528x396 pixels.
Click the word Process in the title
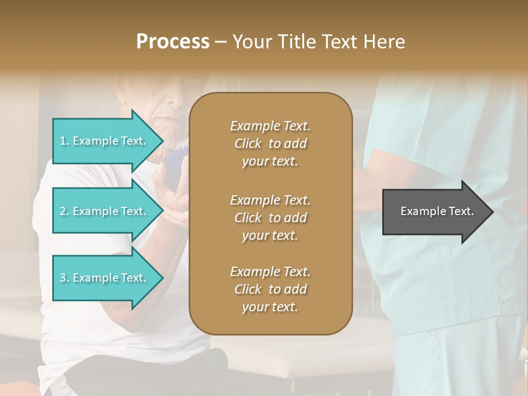pyautogui.click(x=173, y=42)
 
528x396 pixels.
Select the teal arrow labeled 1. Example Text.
pyautogui.click(x=105, y=141)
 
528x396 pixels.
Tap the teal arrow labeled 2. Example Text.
pyautogui.click(x=105, y=211)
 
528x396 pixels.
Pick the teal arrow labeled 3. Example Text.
pyautogui.click(x=105, y=278)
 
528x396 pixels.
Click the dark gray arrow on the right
pyautogui.click(x=435, y=211)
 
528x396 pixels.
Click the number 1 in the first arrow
pyautogui.click(x=63, y=141)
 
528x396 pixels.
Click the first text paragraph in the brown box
pyautogui.click(x=270, y=144)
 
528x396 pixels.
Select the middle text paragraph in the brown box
pyautogui.click(x=270, y=217)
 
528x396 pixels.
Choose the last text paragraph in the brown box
pyautogui.click(x=270, y=289)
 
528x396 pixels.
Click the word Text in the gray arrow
pyautogui.click(x=462, y=211)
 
